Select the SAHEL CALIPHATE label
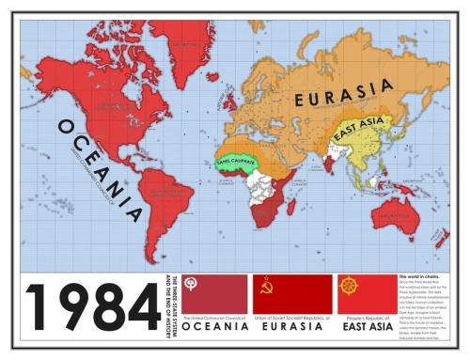237,160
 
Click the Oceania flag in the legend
215,293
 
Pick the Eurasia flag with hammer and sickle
292,293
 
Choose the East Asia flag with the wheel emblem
366,293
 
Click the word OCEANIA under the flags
215,329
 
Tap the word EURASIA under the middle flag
292,329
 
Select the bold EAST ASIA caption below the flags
366,329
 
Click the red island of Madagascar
291,207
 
